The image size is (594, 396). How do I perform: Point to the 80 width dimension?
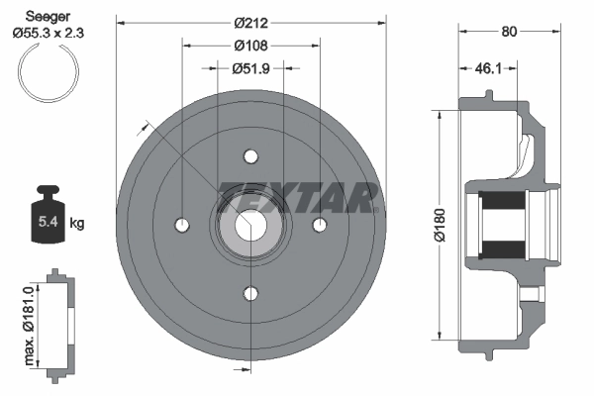(x=511, y=31)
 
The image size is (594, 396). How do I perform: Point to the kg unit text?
(x=77, y=224)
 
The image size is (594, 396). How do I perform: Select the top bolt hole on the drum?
(x=249, y=157)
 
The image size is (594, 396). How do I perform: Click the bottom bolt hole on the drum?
(x=249, y=293)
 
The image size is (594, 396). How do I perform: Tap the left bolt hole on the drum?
(x=182, y=225)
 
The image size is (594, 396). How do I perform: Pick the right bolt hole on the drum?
(x=318, y=226)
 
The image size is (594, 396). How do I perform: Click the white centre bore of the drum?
(x=249, y=226)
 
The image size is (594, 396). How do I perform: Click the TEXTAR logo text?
(x=298, y=197)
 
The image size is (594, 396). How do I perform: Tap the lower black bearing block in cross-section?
(x=505, y=247)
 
